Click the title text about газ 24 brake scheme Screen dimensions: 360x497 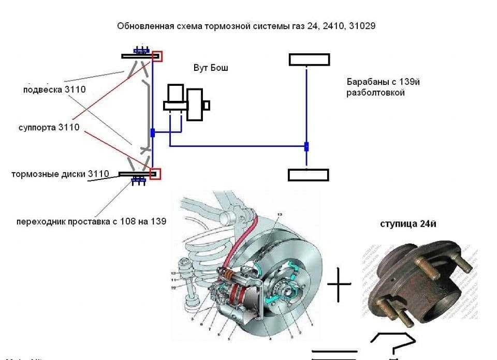point(246,26)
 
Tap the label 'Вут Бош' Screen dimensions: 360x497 point(211,68)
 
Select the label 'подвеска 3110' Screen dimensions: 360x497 point(54,89)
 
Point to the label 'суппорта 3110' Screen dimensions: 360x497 point(49,127)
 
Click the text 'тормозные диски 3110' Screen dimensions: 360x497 point(60,174)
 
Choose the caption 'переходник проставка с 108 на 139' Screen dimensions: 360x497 point(91,221)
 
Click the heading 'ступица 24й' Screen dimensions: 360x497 point(408,224)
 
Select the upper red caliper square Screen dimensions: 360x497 point(157,56)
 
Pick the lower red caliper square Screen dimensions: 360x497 point(155,173)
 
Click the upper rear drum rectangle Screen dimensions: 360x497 point(309,59)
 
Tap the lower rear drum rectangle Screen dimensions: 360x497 point(309,174)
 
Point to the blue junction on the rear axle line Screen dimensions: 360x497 point(306,146)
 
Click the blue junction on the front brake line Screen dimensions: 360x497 point(153,133)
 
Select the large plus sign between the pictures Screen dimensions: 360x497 point(339,284)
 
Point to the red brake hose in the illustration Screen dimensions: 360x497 point(248,243)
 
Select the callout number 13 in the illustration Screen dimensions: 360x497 point(279,214)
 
